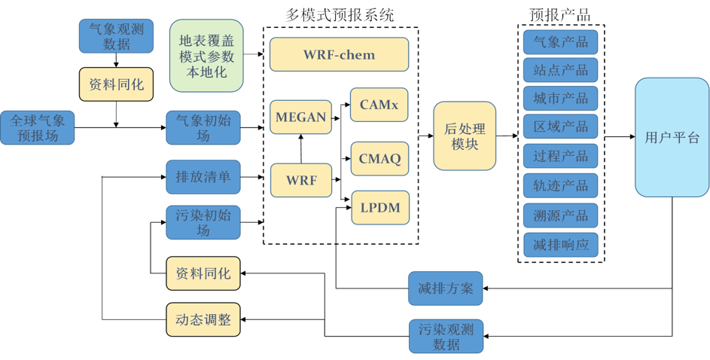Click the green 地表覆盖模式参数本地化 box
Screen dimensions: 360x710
tap(206, 56)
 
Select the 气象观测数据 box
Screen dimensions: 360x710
tap(116, 35)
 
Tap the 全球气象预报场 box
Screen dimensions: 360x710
tap(37, 127)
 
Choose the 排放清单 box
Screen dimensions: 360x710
tap(203, 177)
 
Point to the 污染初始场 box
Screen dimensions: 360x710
tap(203, 222)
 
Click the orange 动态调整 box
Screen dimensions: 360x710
tap(203, 319)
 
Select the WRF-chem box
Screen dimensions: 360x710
tap(339, 54)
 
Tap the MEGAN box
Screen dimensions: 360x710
tap(300, 117)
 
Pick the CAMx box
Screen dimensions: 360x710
tap(379, 105)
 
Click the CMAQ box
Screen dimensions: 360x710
tap(379, 158)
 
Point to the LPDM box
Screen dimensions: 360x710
tap(380, 207)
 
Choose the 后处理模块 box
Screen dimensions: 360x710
tap(465, 136)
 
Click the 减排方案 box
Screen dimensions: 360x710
tap(445, 288)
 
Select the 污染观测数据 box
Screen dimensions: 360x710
tap(446, 336)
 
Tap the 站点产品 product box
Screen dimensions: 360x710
tap(560, 70)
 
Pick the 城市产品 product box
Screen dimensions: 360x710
tap(560, 99)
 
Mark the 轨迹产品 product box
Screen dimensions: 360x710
tap(560, 185)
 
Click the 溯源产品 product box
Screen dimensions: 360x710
tap(560, 215)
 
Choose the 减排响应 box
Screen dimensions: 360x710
tap(560, 244)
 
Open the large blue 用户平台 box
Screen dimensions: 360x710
tap(672, 137)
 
